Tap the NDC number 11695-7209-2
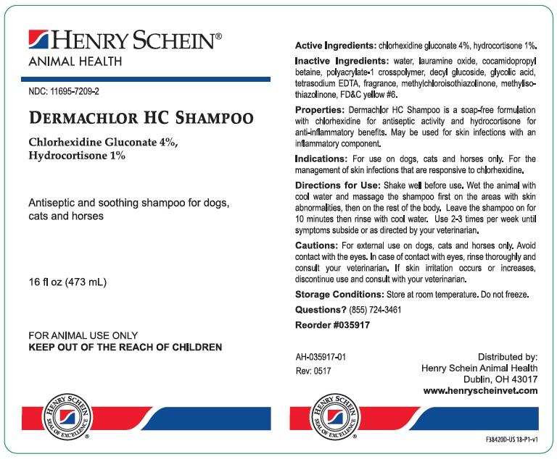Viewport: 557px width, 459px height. click(64, 93)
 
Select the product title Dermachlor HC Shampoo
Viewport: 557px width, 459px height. click(140, 118)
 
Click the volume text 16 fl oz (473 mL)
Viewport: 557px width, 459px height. click(67, 282)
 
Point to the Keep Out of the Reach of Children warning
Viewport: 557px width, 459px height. click(125, 348)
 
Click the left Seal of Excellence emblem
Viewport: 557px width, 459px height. click(67, 416)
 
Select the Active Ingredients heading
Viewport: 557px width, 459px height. click(335, 44)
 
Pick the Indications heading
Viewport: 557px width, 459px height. click(321, 159)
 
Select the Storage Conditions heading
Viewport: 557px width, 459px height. click(339, 295)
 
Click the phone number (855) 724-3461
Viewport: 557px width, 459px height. click(375, 310)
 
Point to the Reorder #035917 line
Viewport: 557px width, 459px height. click(332, 325)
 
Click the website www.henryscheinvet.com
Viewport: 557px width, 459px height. click(480, 390)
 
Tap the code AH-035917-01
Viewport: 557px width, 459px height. click(321, 357)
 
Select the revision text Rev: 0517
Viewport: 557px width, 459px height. click(313, 371)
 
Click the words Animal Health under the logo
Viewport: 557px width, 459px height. click(75, 62)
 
